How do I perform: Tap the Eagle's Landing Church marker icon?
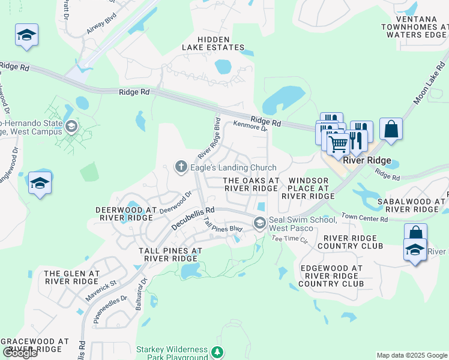click(x=181, y=167)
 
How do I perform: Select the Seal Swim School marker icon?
click(x=259, y=223)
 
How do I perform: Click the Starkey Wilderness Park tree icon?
click(x=219, y=352)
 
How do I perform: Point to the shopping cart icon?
click(x=338, y=143)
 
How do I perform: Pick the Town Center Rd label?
click(x=365, y=218)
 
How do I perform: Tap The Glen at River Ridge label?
click(x=71, y=277)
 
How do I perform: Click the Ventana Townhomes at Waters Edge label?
click(x=414, y=30)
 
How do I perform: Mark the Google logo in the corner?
click(x=20, y=353)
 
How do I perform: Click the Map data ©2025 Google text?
click(x=412, y=355)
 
